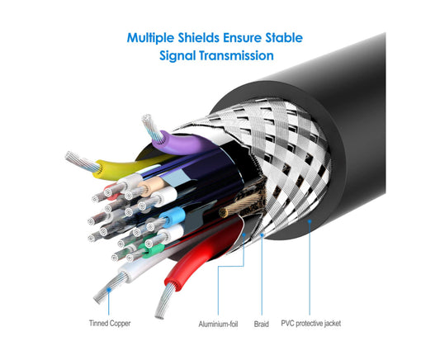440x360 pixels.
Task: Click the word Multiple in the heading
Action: tap(150, 38)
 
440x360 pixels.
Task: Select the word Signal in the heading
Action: tap(177, 55)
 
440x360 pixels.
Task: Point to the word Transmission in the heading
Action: tap(236, 55)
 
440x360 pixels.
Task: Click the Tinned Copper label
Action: tap(110, 323)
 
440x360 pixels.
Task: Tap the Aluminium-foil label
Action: tap(218, 324)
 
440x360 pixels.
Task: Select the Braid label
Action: tap(261, 324)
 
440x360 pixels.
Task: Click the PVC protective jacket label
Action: tap(311, 324)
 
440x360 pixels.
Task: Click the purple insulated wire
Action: tap(182, 144)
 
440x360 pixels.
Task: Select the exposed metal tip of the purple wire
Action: tap(152, 127)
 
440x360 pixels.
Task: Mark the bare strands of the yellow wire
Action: tap(82, 162)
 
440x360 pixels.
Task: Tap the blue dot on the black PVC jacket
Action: tap(310, 221)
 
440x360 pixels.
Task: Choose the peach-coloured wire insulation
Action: tap(152, 186)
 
